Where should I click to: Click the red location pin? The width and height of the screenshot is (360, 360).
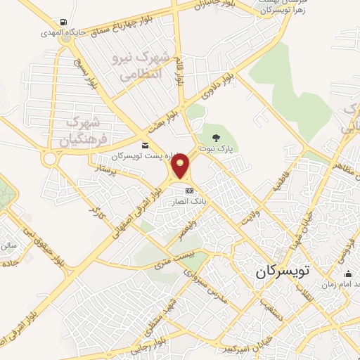(x=181, y=165)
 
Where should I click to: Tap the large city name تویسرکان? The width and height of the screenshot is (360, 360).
(x=283, y=269)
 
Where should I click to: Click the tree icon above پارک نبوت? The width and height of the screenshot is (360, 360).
(x=225, y=137)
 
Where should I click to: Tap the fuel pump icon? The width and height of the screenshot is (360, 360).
(x=65, y=22)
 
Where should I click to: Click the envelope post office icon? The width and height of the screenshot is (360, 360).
(x=144, y=146)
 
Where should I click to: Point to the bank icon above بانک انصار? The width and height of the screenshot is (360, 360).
(x=188, y=191)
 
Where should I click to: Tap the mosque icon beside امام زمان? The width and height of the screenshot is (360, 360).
(x=347, y=274)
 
